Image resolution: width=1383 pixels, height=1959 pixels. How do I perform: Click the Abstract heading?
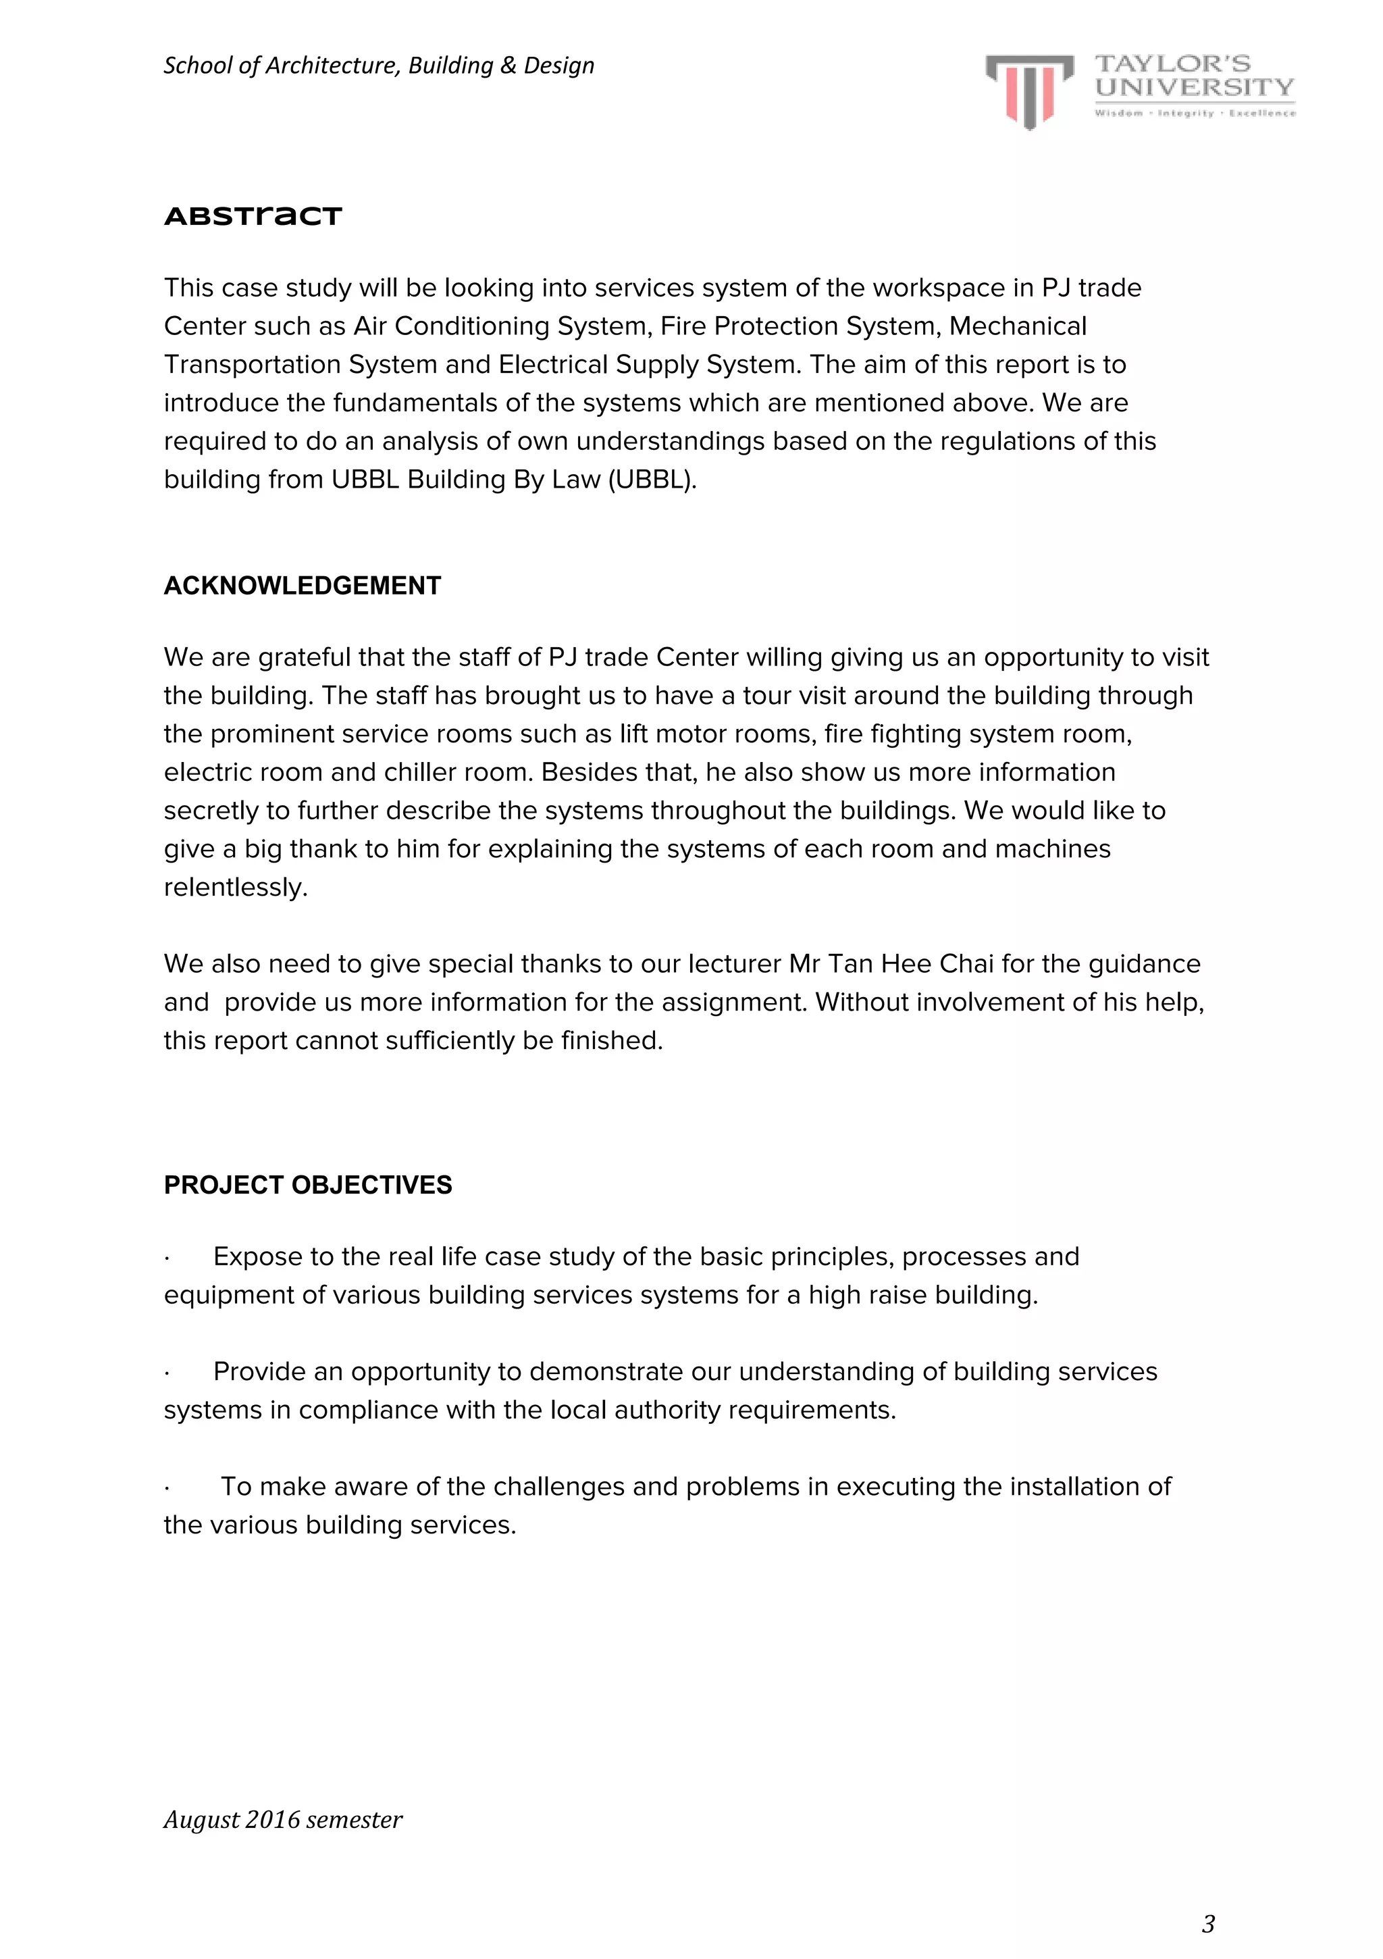click(x=253, y=216)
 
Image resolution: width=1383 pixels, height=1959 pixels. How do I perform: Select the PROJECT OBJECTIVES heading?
click(x=307, y=1184)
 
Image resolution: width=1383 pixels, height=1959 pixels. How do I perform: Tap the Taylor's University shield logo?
click(x=1029, y=91)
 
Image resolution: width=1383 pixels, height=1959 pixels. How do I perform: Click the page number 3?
click(x=1207, y=1923)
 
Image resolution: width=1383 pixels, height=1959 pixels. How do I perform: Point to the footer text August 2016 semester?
click(x=282, y=1819)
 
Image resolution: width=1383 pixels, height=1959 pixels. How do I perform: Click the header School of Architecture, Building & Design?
click(x=378, y=66)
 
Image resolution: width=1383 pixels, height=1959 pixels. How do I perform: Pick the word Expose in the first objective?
click(x=253, y=1256)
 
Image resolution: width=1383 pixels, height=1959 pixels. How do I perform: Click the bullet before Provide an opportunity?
click(x=167, y=1372)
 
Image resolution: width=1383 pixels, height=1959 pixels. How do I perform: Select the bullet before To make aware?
click(x=167, y=1487)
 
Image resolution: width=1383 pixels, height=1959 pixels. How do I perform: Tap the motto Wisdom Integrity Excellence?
click(x=1195, y=113)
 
